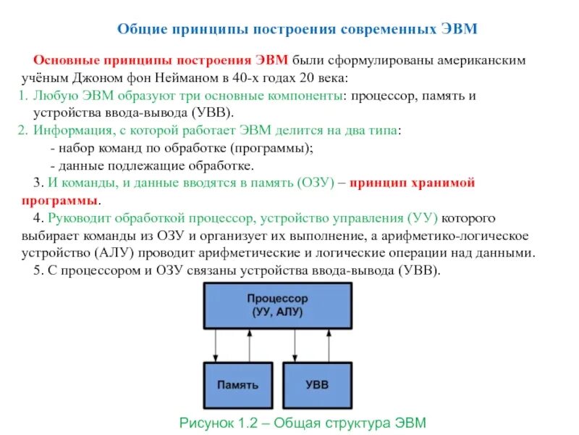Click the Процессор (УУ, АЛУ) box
click(x=276, y=304)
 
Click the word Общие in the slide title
click(x=143, y=30)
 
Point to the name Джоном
click(x=121, y=78)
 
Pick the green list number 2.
click(x=22, y=130)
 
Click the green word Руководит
click(x=80, y=218)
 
